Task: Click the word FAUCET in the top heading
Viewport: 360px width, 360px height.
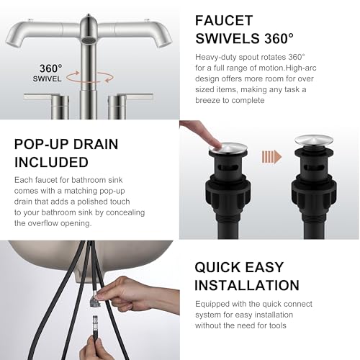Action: (x=224, y=20)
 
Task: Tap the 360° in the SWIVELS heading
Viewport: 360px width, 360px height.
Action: (x=279, y=38)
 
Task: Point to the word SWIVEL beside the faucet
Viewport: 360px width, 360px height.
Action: (x=47, y=78)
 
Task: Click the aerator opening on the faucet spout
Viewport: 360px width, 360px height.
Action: (x=89, y=40)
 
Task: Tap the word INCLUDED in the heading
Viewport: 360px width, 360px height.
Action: (x=51, y=162)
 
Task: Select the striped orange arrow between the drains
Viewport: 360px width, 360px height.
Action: (x=271, y=157)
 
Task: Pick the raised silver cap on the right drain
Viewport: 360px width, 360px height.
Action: (x=314, y=140)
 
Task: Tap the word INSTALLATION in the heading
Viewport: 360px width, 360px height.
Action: (x=247, y=285)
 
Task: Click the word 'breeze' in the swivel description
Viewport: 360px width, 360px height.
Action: (x=207, y=100)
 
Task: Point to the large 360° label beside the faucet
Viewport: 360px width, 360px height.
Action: (x=51, y=68)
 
